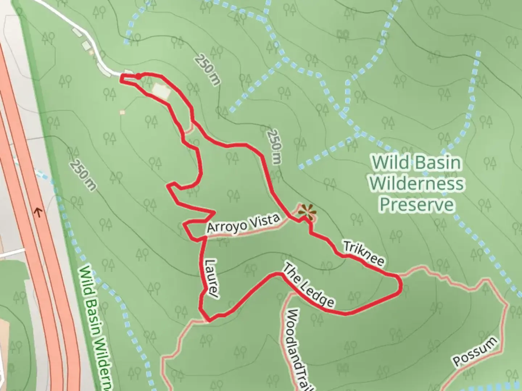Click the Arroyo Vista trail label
pos(243,223)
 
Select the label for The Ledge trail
pos(308,286)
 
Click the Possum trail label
pos(475,351)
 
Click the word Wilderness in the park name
pos(417,184)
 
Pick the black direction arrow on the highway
pos(38,212)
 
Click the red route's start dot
pos(138,76)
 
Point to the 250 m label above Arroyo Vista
pos(274,147)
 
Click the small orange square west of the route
pos(122,112)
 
